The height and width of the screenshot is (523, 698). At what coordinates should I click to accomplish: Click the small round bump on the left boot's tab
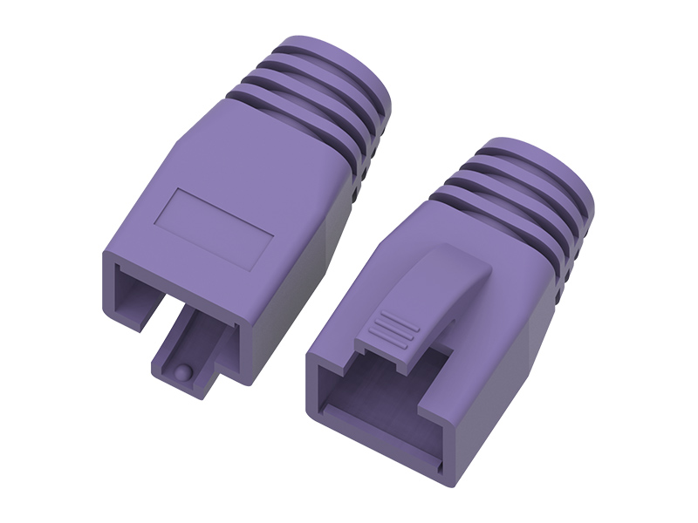tap(181, 371)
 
